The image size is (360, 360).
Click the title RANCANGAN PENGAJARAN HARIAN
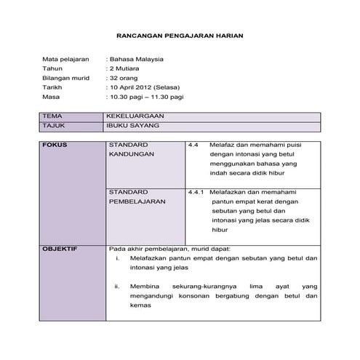click(180, 34)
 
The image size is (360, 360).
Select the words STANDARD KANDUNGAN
click(128, 150)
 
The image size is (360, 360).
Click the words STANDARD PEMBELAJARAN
click(134, 196)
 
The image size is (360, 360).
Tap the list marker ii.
click(117, 287)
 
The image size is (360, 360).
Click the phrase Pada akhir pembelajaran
click(150, 249)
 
